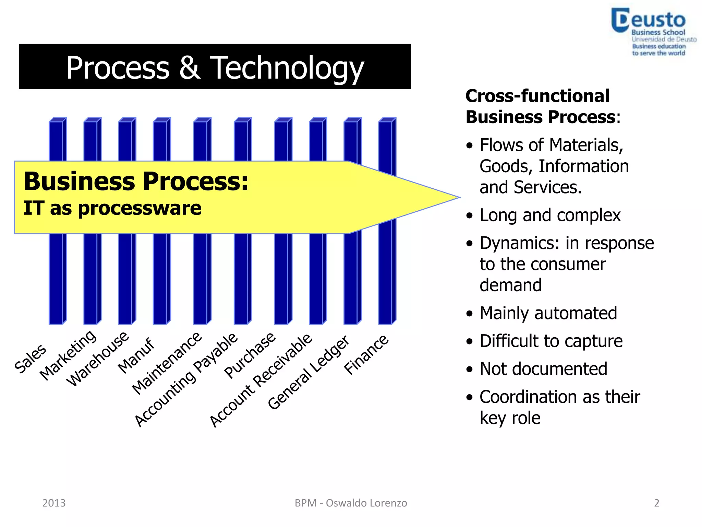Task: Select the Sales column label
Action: [30, 358]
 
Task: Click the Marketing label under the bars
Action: [68, 355]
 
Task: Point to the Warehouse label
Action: [98, 359]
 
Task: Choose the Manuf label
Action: [136, 355]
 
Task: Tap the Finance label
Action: [366, 355]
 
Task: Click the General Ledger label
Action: [308, 372]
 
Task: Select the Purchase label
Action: [250, 355]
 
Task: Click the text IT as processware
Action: [112, 208]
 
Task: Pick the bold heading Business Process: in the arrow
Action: [136, 181]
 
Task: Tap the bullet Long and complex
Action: [550, 215]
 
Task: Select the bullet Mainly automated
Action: [548, 313]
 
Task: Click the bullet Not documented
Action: [543, 369]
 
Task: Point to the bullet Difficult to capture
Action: [550, 341]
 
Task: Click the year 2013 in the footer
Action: [54, 503]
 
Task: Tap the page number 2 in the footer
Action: [656, 503]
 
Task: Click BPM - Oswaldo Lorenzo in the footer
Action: [351, 503]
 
